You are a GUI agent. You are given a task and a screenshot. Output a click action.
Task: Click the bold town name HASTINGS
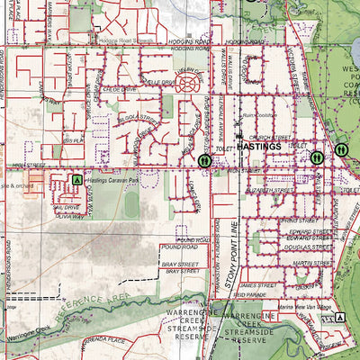261,145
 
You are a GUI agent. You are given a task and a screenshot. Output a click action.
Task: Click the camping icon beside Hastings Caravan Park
77,180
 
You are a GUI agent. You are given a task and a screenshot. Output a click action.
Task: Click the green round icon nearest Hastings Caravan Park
204,160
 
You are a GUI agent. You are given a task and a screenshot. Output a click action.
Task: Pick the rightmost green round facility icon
341,149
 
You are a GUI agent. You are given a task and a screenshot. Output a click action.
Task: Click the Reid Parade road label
259,292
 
